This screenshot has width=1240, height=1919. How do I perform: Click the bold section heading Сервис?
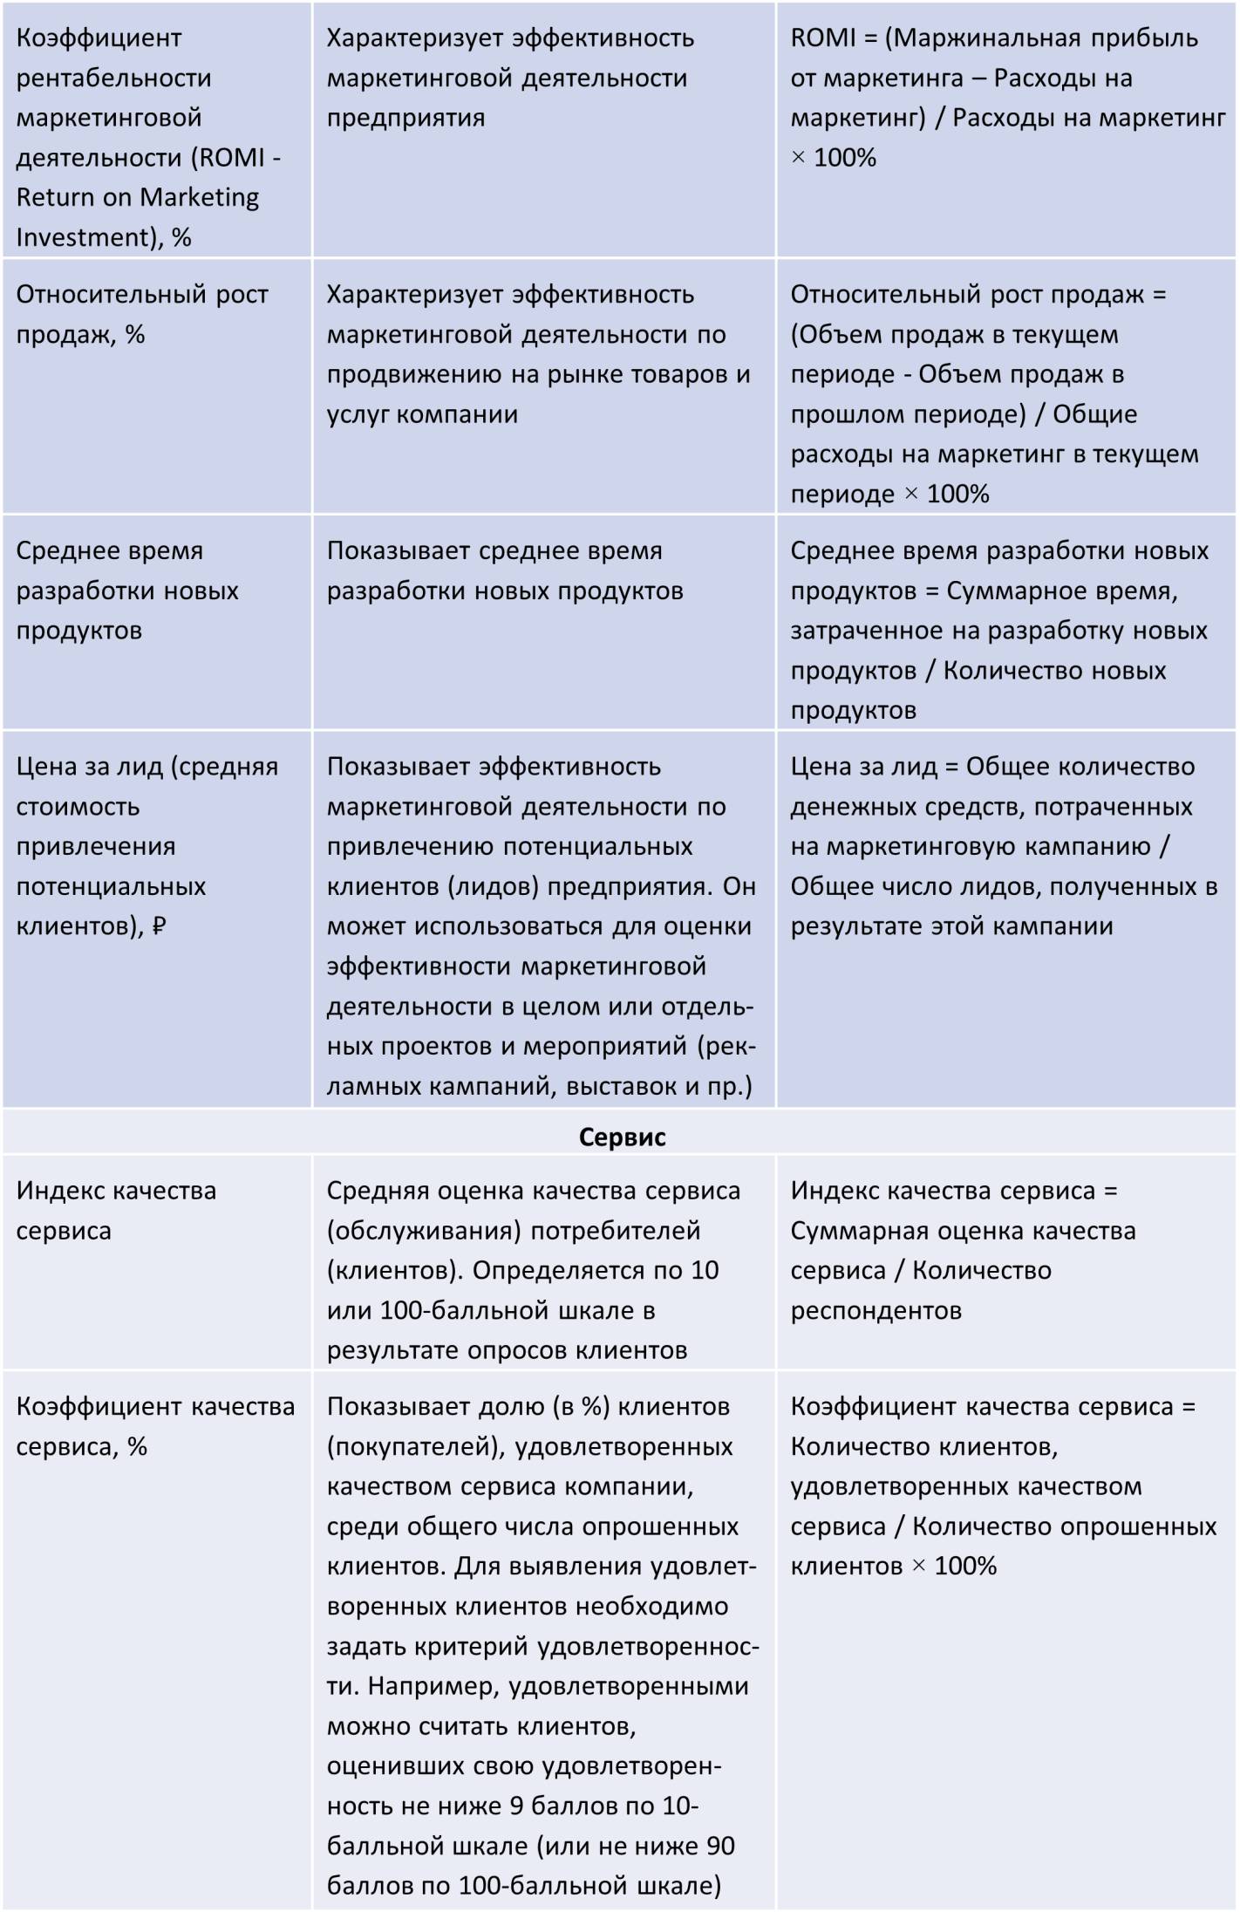coord(622,1137)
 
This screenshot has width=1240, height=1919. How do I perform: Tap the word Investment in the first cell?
coord(83,237)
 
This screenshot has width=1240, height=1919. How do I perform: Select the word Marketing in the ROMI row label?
coord(199,197)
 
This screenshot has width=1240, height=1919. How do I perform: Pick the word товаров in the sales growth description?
coord(680,374)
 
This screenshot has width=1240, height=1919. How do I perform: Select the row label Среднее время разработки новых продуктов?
coord(127,591)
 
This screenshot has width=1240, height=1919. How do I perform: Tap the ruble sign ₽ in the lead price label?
coord(159,925)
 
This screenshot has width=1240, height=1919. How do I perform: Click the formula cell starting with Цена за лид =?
coord(1003,845)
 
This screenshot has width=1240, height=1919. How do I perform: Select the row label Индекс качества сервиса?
coord(116,1210)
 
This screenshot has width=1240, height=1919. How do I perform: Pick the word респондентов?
coord(875,1310)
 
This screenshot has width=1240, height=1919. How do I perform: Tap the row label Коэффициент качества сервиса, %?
coord(155,1426)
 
